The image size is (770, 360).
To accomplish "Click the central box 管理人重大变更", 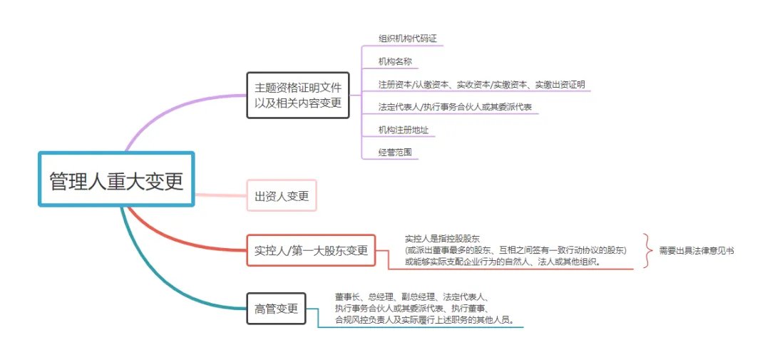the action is [116, 179].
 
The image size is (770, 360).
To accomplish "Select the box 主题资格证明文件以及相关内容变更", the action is [297, 96].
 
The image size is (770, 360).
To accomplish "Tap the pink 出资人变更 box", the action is [282, 195].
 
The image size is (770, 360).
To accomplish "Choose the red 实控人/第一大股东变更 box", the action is [311, 250].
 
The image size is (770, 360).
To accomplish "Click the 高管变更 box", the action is [276, 309].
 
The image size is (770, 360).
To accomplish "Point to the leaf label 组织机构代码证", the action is [408, 38].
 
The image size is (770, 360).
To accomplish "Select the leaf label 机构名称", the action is [395, 61].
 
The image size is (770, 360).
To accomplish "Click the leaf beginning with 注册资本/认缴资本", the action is [481, 84].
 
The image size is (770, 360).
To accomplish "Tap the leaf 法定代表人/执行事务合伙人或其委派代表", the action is [455, 107].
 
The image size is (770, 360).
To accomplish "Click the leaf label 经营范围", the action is [395, 153].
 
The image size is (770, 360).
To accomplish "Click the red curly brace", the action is [647, 250].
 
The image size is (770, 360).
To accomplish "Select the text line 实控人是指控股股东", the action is [442, 239].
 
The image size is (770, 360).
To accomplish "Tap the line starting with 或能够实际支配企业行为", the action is [503, 262].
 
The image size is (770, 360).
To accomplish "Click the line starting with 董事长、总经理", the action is [411, 297].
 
